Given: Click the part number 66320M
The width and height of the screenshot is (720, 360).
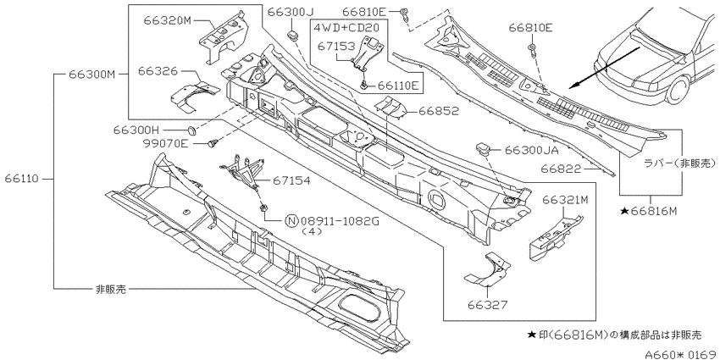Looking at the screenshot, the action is coord(167,20).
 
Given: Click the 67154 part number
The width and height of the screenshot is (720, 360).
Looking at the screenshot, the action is coord(291,181).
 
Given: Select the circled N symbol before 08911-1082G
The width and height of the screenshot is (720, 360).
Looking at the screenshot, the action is coord(292,221).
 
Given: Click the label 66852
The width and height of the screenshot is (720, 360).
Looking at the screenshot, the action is coord(440,111).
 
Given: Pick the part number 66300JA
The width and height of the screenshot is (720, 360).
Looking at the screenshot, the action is coord(531,150).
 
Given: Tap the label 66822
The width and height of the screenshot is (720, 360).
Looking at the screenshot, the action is coord(561,169).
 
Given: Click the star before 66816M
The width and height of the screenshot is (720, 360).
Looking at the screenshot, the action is coord(624,211).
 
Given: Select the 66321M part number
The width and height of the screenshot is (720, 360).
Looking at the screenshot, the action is coord(565,200).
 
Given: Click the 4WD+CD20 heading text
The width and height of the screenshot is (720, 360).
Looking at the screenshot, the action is coord(346,27).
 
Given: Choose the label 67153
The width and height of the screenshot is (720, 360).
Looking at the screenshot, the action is coord(337,47).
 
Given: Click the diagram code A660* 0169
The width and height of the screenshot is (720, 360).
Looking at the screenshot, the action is coord(681,354).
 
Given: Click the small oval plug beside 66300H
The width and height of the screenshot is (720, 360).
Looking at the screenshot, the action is coord(193,130).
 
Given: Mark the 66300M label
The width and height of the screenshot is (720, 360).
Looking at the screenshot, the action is coord(91,74).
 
